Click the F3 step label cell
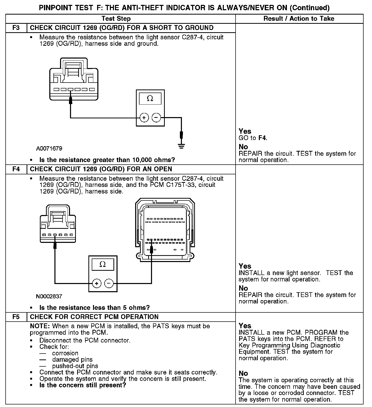(x=16, y=28)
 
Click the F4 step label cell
(x=16, y=169)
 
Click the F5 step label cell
(x=16, y=317)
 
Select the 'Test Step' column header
(x=116, y=19)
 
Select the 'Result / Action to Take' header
(x=299, y=19)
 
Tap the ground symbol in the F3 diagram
(x=181, y=146)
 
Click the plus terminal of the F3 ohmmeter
(x=144, y=118)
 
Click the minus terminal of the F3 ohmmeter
(x=156, y=118)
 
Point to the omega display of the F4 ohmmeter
(x=103, y=264)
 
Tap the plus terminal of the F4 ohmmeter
(x=97, y=283)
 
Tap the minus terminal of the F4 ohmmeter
(x=109, y=283)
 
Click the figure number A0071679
(x=49, y=149)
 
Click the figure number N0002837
(x=49, y=296)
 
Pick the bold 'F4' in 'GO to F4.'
(x=262, y=138)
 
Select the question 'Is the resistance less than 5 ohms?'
(x=95, y=308)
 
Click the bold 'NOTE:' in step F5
(x=40, y=326)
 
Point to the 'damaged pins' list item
(x=72, y=360)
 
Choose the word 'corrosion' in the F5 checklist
(x=65, y=353)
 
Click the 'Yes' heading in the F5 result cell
(x=245, y=326)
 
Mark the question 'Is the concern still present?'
(x=83, y=385)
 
